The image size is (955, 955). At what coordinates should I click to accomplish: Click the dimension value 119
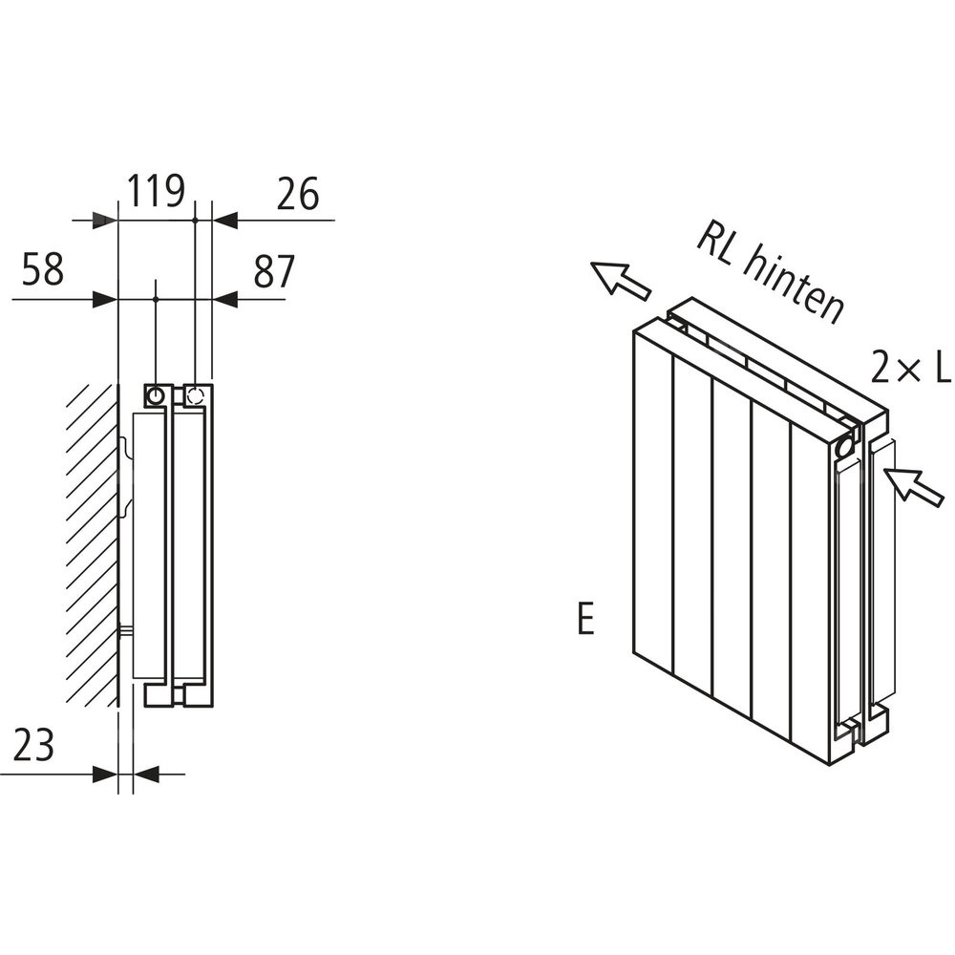157,192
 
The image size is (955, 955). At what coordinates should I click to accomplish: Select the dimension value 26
297,194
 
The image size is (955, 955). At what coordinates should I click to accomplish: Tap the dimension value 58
42,270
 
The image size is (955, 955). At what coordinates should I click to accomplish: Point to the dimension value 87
274,271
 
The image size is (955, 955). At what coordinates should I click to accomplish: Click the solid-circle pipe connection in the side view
155,394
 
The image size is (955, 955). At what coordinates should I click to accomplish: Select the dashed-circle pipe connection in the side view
195,394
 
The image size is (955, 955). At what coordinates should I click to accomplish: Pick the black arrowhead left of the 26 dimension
223,221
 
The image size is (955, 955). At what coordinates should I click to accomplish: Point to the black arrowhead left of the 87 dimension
223,299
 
